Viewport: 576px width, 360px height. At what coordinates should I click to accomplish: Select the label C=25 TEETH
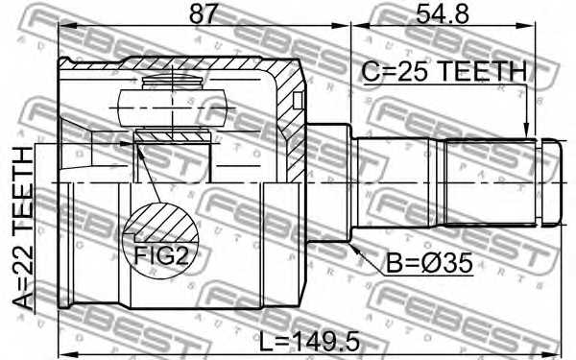coord(444,72)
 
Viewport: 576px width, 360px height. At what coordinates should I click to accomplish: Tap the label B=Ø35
coord(428,262)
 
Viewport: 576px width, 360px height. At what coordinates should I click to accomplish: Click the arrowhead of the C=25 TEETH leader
coord(525,132)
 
